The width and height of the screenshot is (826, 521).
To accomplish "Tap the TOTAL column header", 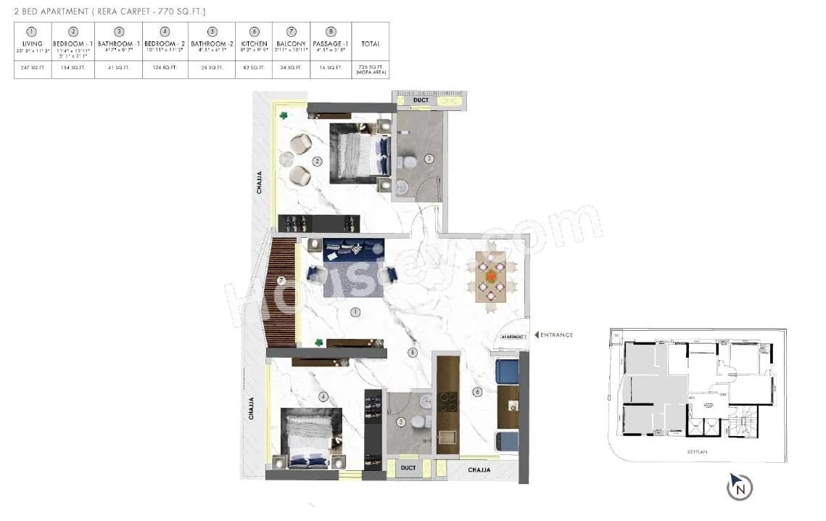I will click(370, 44).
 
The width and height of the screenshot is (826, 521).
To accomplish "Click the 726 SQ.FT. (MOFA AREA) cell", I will click(370, 70).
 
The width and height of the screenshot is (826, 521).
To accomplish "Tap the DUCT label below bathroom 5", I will click(408, 469).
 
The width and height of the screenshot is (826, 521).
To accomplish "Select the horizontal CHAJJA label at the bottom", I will click(479, 470).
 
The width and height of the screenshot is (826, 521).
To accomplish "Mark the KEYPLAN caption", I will click(697, 452).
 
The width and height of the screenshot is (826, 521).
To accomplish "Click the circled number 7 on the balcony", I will click(281, 280).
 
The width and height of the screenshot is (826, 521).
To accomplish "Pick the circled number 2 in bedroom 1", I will click(317, 161).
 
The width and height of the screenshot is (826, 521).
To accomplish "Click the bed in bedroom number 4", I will click(311, 436).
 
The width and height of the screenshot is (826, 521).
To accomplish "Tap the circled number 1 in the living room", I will click(355, 313).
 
